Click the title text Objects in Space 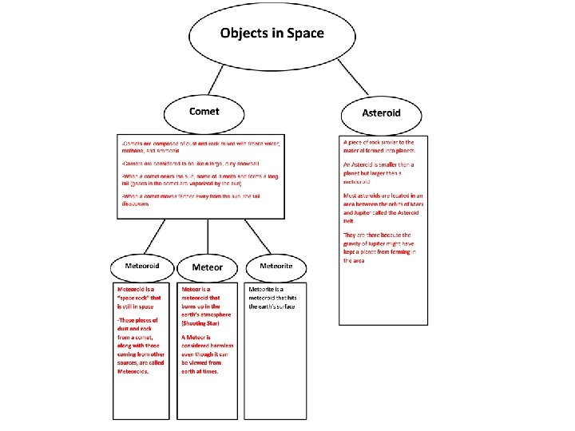[x=272, y=34]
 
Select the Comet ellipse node [x=204, y=112]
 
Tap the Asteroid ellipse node [x=381, y=113]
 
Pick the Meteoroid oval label [x=142, y=265]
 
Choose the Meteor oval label [x=208, y=267]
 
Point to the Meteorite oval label [x=276, y=265]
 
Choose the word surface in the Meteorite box [x=284, y=306]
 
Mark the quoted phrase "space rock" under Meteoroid [x=134, y=297]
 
